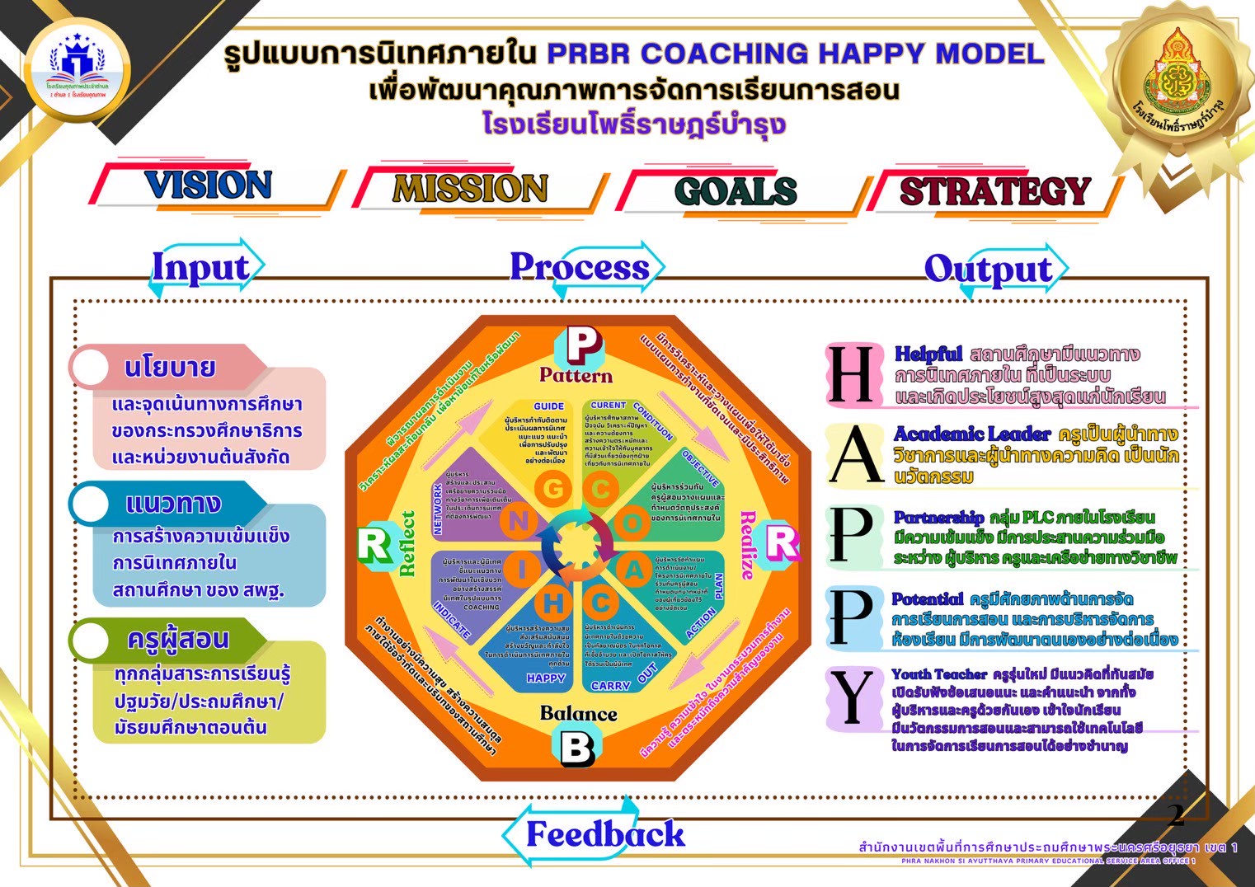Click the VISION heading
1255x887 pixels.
coord(208,185)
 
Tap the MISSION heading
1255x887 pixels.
coord(470,189)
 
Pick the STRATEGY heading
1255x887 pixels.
coord(994,191)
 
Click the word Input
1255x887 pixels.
coord(200,268)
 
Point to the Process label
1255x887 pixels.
coord(580,267)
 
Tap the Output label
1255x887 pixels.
coord(988,270)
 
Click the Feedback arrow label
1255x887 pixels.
coord(605,834)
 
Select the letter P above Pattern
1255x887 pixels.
coord(583,345)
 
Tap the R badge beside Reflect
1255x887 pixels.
coord(374,545)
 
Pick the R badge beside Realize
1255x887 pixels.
coord(782,543)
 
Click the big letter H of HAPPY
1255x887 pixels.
coord(851,375)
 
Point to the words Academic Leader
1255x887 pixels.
coord(972,434)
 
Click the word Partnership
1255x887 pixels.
coord(938,518)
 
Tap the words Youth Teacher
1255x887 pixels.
coord(938,674)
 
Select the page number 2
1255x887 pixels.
coord(1176,815)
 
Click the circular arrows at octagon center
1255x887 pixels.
coord(576,545)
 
